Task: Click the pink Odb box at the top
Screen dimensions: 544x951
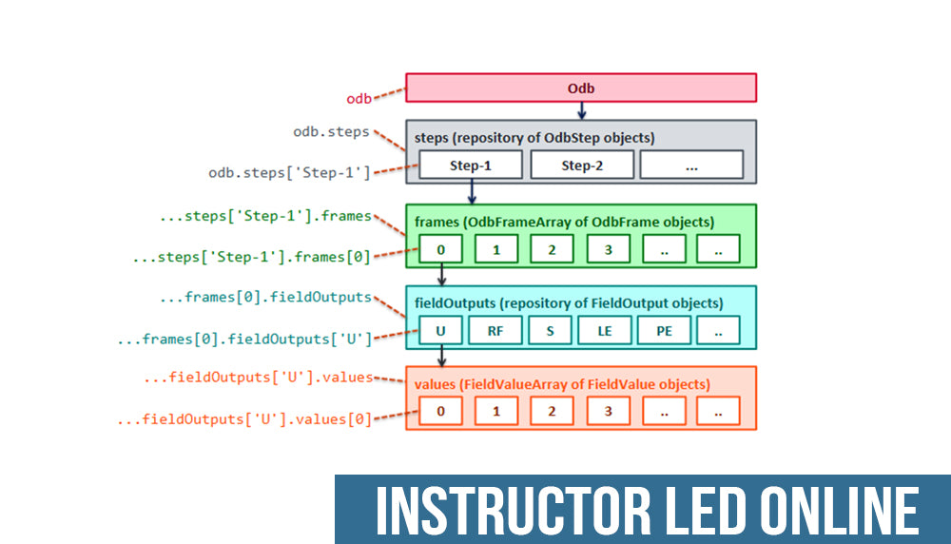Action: [x=581, y=87]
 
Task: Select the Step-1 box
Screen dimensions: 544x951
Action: [x=471, y=165]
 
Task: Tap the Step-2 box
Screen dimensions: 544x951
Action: [x=581, y=165]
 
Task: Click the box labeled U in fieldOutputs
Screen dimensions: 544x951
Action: [x=440, y=330]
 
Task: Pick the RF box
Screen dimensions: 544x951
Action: [x=496, y=330]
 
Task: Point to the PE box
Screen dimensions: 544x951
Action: [x=663, y=330]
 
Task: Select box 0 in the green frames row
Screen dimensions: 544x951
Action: [x=440, y=249]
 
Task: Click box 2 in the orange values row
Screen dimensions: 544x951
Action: [x=553, y=411]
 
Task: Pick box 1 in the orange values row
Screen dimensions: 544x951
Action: [x=496, y=411]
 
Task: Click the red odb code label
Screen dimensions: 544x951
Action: [x=359, y=98]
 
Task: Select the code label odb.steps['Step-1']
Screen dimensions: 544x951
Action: [x=289, y=173]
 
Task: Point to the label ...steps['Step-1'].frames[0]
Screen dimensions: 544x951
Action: [x=252, y=256]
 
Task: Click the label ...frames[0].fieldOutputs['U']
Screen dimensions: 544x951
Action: [x=243, y=338]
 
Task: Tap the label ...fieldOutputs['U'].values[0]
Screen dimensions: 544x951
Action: [x=243, y=418]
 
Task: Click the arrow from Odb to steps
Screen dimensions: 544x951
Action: [x=581, y=110]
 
